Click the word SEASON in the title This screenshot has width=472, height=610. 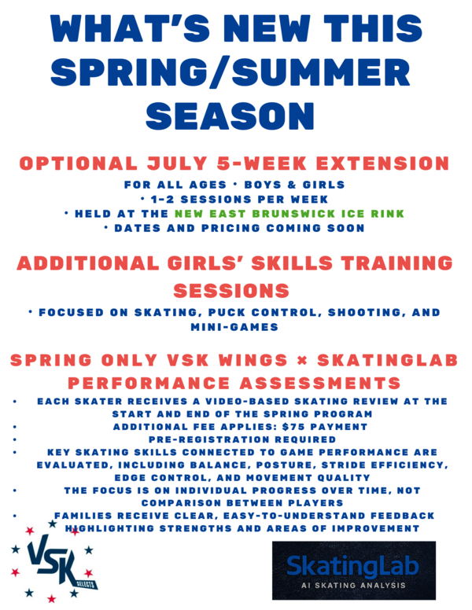(230, 116)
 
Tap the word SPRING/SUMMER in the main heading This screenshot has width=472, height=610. (230, 72)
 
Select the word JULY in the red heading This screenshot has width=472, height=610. (177, 163)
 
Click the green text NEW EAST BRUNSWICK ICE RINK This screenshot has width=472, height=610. (289, 214)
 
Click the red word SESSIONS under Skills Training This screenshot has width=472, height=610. (231, 291)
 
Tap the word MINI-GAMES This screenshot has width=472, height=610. (234, 327)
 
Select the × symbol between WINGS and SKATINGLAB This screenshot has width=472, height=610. (302, 361)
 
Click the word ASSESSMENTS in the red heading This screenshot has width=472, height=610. (320, 383)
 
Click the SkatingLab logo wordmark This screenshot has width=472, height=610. (352, 566)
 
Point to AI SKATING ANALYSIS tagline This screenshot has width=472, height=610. (353, 585)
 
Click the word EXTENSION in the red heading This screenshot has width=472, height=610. (383, 163)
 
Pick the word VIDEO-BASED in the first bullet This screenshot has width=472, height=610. (247, 401)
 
